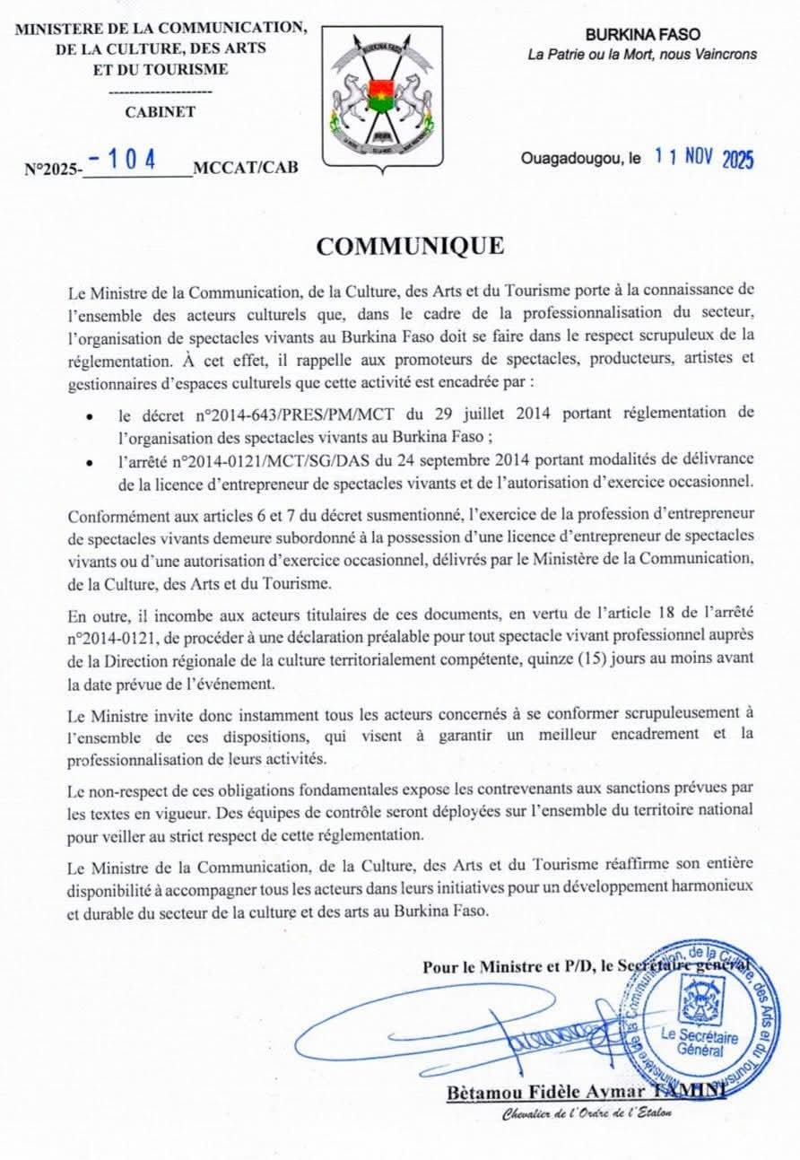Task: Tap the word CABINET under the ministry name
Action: coord(161,112)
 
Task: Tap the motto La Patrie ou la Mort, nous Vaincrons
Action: coord(641,54)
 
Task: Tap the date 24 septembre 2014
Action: coord(471,458)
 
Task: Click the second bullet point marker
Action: coord(89,460)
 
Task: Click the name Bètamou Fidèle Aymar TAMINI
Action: coord(585,1092)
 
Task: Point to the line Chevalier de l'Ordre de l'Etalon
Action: coord(586,1113)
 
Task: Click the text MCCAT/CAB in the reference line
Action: coord(246,167)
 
